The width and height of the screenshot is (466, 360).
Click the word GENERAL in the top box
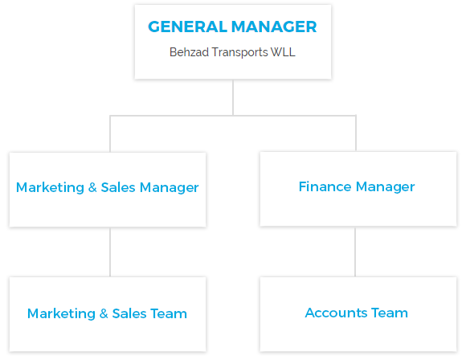(187, 27)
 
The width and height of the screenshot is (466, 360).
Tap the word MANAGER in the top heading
(274, 27)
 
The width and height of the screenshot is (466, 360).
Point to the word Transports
(239, 52)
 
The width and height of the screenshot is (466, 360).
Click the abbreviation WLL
(283, 52)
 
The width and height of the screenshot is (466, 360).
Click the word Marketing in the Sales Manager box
(50, 188)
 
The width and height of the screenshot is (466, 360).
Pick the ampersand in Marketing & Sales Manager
(92, 187)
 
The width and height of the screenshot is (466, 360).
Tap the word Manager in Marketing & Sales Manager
(169, 188)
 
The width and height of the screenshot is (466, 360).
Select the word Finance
(325, 186)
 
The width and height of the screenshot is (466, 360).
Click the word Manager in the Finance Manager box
(385, 187)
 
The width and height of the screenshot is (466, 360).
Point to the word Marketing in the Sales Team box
(61, 314)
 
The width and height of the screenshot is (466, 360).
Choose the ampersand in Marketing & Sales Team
(104, 313)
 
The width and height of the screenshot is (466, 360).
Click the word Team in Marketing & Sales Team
(169, 313)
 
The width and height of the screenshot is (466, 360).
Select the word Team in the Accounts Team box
(390, 313)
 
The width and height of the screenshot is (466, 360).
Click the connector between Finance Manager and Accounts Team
(355, 252)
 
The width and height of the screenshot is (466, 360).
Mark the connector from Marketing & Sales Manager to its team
(110, 252)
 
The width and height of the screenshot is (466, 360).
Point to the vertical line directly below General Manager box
(233, 97)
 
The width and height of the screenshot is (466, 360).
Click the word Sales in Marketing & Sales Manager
(118, 187)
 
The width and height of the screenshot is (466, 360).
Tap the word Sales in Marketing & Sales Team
(129, 313)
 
